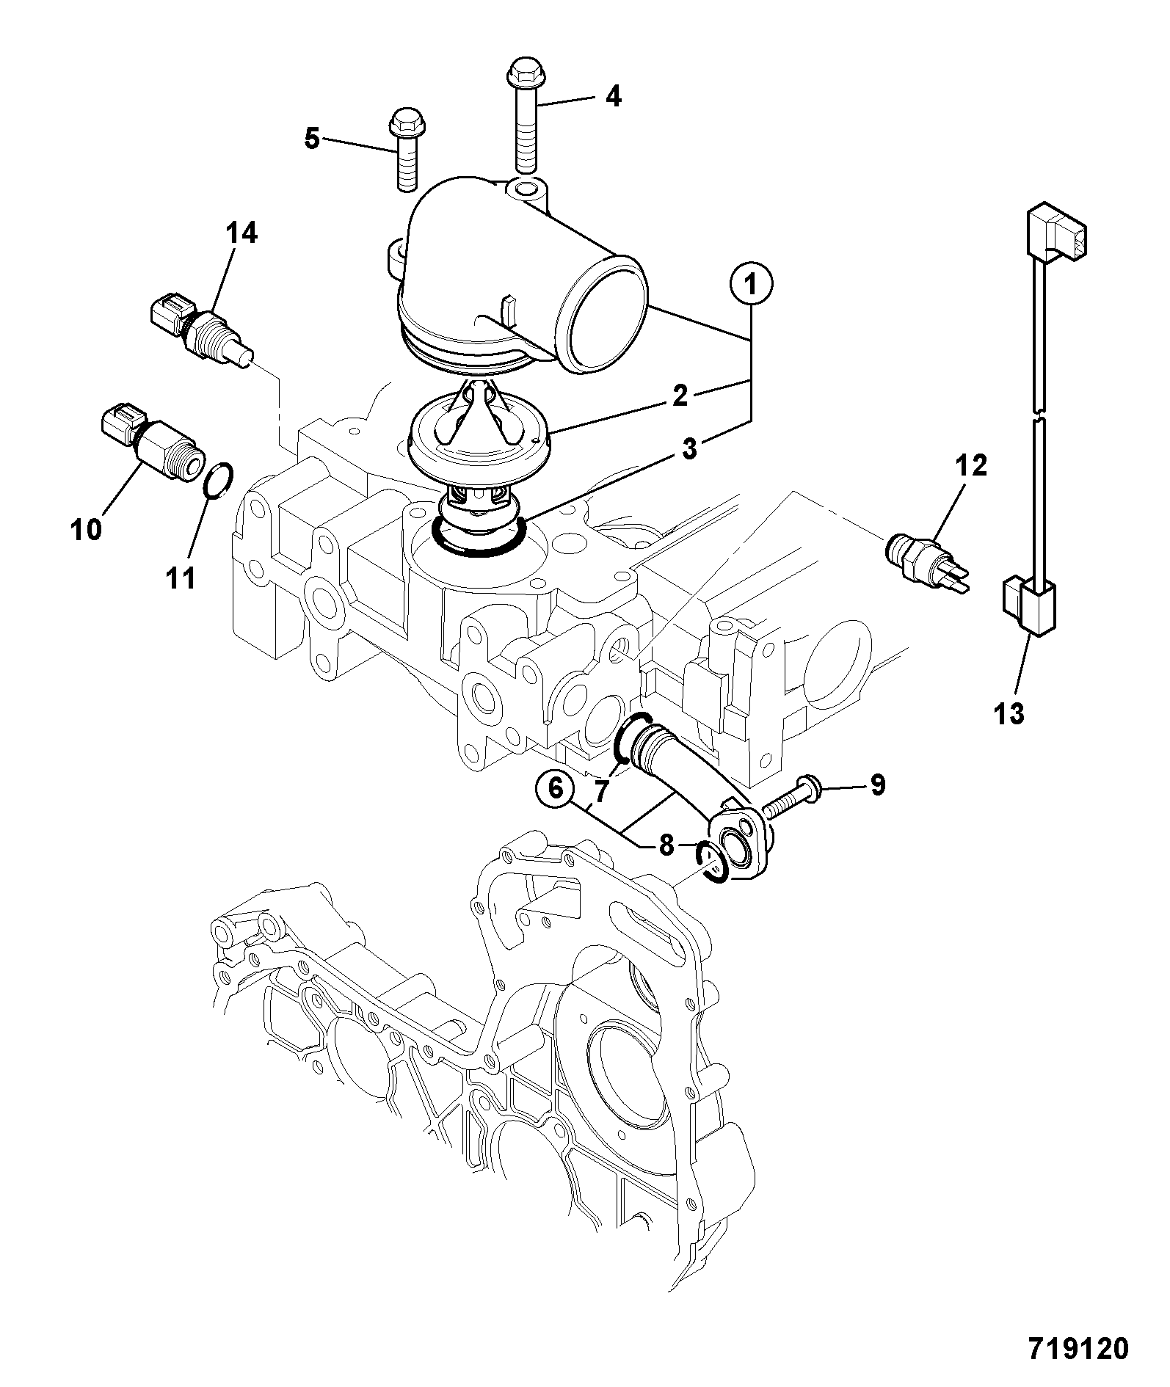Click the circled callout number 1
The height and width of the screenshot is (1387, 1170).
(751, 284)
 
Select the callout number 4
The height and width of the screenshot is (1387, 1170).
(613, 96)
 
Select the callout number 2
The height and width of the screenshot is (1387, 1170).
(680, 396)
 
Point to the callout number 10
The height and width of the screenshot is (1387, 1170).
(87, 528)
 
